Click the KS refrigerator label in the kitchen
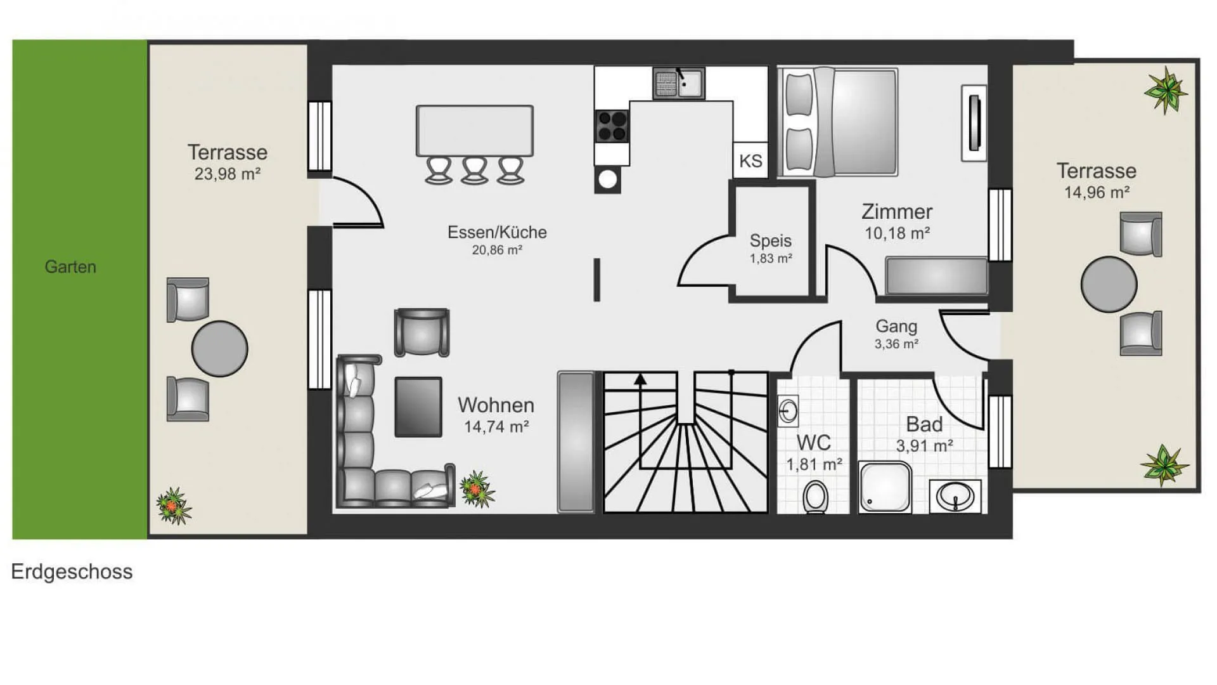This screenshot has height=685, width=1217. (750, 160)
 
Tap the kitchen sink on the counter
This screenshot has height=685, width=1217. (679, 84)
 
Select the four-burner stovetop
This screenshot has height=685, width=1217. (612, 126)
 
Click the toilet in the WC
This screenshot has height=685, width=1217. (815, 497)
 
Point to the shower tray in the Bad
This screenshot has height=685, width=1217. (885, 486)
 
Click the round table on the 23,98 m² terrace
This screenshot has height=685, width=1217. (220, 349)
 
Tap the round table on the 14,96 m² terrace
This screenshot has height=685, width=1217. (1109, 284)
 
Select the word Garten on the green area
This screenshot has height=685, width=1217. (70, 266)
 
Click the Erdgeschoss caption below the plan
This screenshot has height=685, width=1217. (72, 571)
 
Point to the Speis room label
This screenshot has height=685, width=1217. (771, 240)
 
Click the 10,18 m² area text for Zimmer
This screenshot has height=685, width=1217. (898, 233)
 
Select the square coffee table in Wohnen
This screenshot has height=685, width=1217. (418, 407)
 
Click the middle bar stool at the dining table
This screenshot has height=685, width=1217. (475, 170)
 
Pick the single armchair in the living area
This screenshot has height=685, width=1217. (422, 332)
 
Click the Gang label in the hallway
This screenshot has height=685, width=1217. (896, 326)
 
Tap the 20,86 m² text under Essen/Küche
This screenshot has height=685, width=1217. (497, 250)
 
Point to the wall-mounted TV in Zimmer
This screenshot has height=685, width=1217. (974, 123)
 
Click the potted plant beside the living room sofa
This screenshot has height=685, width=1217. (477, 489)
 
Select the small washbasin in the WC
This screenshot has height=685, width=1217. (788, 411)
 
